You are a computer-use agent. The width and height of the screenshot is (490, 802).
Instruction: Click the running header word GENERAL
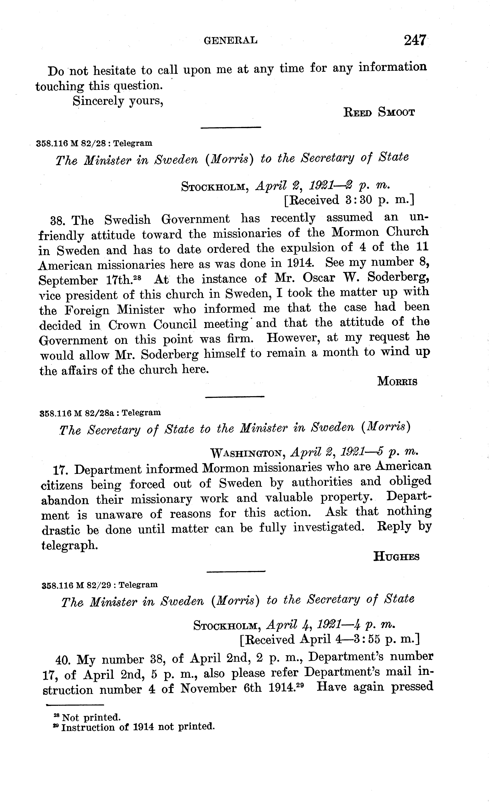[230, 40]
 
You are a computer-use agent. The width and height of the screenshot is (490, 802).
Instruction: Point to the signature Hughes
[396, 557]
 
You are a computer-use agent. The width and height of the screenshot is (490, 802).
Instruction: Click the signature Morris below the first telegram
[397, 381]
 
